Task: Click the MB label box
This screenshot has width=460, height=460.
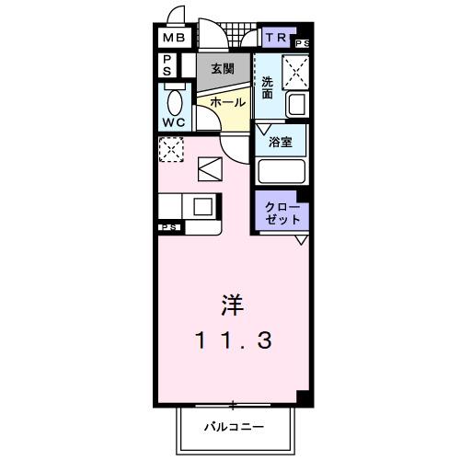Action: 174,39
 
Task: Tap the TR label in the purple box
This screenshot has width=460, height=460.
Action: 275,38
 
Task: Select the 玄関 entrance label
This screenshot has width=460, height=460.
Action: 222,68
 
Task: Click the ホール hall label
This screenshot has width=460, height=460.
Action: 227,102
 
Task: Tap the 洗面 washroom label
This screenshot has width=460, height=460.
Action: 267,88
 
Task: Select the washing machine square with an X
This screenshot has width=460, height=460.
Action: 295,69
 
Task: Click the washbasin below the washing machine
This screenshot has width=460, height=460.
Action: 296,105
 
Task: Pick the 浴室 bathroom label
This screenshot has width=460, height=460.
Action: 281,143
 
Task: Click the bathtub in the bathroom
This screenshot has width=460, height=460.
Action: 282,172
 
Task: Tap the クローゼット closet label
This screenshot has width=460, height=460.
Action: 282,213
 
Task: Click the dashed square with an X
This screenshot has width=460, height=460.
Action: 171,150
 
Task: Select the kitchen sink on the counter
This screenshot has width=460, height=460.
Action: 202,206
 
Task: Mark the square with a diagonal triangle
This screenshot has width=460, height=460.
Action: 210,169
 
